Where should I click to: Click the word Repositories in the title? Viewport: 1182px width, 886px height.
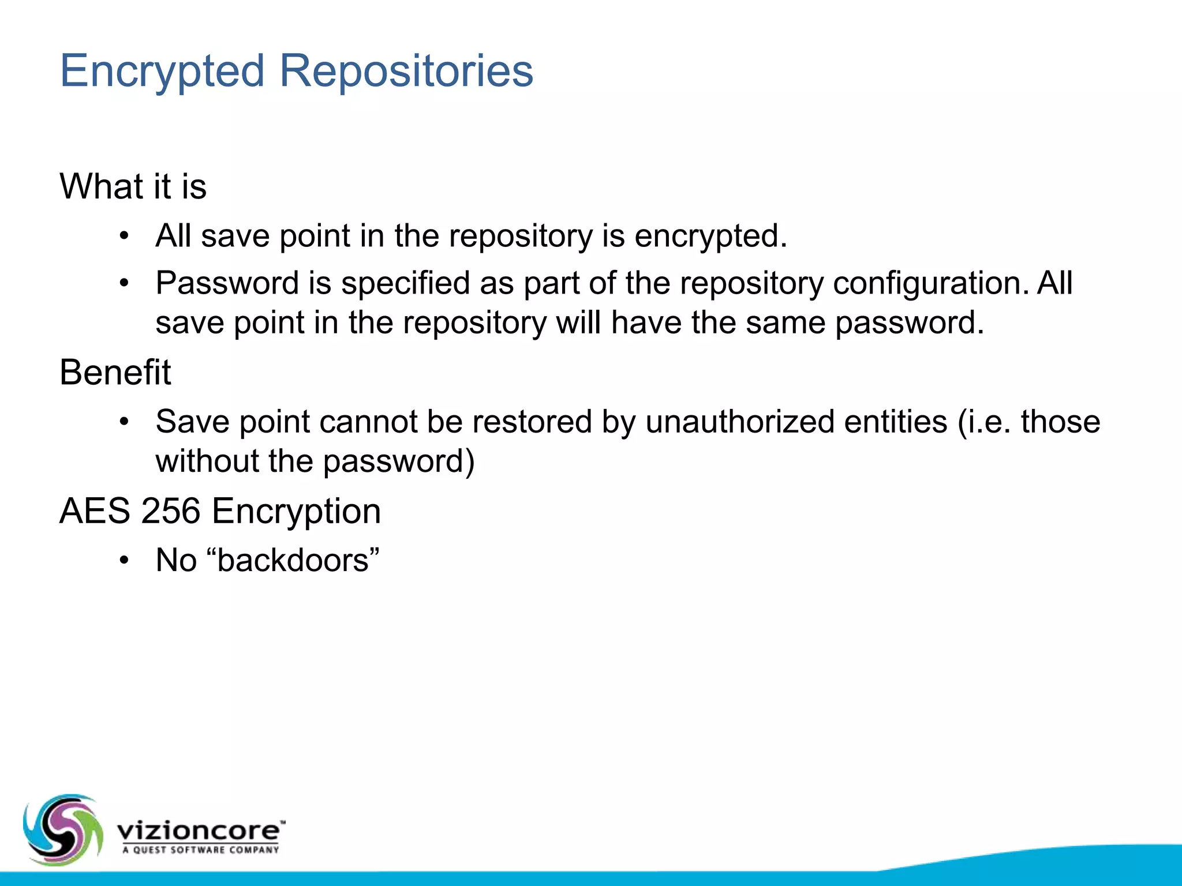pos(406,72)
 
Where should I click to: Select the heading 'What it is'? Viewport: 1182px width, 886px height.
pos(133,187)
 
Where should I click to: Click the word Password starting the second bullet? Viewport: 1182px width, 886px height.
pos(226,283)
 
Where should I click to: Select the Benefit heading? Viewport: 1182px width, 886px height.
pos(115,373)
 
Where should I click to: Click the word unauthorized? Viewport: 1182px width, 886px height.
pos(739,422)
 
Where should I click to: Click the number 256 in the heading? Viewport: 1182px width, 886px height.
pos(171,512)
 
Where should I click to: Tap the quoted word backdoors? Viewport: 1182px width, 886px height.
pos(293,561)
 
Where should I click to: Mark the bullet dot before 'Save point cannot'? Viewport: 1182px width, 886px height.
pos(124,422)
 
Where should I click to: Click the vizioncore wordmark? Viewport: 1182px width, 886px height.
pos(199,831)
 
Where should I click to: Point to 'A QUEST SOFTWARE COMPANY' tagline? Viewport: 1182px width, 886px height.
pos(200,850)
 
